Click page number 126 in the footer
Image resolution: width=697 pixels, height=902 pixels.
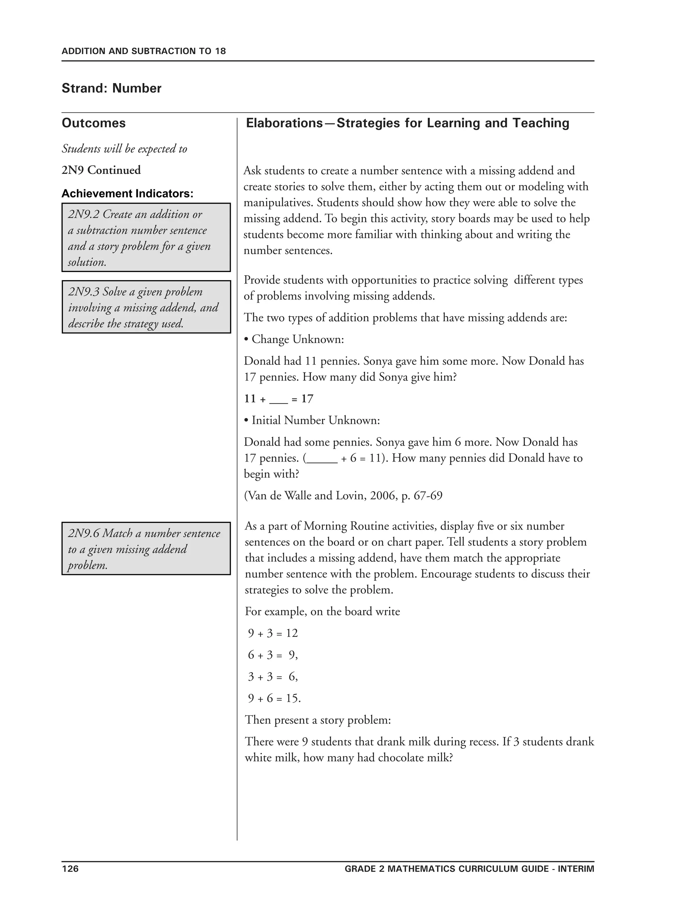pyautogui.click(x=70, y=869)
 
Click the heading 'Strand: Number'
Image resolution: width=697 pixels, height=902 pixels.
pyautogui.click(x=112, y=88)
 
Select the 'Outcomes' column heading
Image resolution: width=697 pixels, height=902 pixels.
pyautogui.click(x=94, y=123)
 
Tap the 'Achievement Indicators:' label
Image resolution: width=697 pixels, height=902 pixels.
pyautogui.click(x=127, y=193)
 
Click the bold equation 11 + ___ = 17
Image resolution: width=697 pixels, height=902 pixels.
pyautogui.click(x=279, y=399)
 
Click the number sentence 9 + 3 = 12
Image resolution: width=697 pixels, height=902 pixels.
pyautogui.click(x=273, y=633)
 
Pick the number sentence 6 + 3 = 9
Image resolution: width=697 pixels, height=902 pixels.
pyautogui.click(x=273, y=655)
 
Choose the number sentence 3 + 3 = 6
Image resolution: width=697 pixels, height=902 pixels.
pyautogui.click(x=273, y=677)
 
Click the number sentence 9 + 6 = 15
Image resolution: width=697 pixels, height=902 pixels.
pyautogui.click(x=274, y=698)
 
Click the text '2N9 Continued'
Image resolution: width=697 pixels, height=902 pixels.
pyautogui.click(x=101, y=170)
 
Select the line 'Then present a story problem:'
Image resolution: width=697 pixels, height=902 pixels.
pyautogui.click(x=318, y=720)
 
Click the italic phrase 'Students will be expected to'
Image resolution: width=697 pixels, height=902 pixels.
pyautogui.click(x=124, y=149)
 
